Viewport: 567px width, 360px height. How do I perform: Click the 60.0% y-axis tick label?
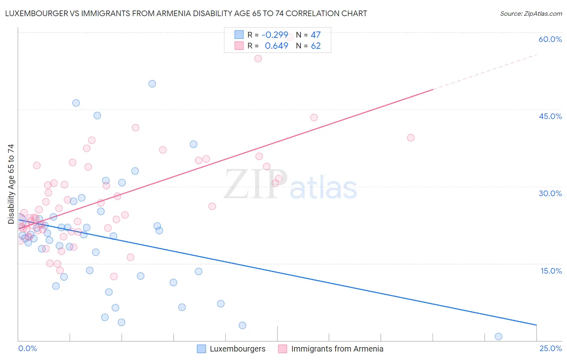pos(550,39)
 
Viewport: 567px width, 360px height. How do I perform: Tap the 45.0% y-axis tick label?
pos(550,116)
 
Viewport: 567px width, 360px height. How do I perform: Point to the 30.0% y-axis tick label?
pos(550,193)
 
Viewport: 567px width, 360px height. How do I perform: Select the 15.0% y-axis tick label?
pos(551,271)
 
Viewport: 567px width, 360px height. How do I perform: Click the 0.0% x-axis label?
pos(27,348)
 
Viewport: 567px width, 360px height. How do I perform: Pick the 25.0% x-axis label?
pos(550,348)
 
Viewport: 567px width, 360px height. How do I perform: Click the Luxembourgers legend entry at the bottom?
pos(231,349)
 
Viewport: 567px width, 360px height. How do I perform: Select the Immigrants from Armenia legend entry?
pos(331,349)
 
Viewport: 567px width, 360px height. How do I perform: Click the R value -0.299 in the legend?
pos(275,35)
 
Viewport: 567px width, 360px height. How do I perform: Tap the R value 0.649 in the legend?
pos(276,46)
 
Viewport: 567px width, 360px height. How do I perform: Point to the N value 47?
pos(315,35)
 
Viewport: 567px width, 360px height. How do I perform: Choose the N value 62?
pos(315,46)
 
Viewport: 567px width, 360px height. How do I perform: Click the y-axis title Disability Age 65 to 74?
pos(11,184)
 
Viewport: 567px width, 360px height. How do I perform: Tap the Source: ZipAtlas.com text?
pos(531,13)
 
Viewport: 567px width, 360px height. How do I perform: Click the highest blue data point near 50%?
pos(152,84)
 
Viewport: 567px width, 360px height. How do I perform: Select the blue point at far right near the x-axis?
pos(498,337)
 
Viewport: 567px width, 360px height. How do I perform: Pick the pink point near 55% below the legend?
pos(258,59)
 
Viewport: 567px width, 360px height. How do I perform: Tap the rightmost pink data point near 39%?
pos(411,138)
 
